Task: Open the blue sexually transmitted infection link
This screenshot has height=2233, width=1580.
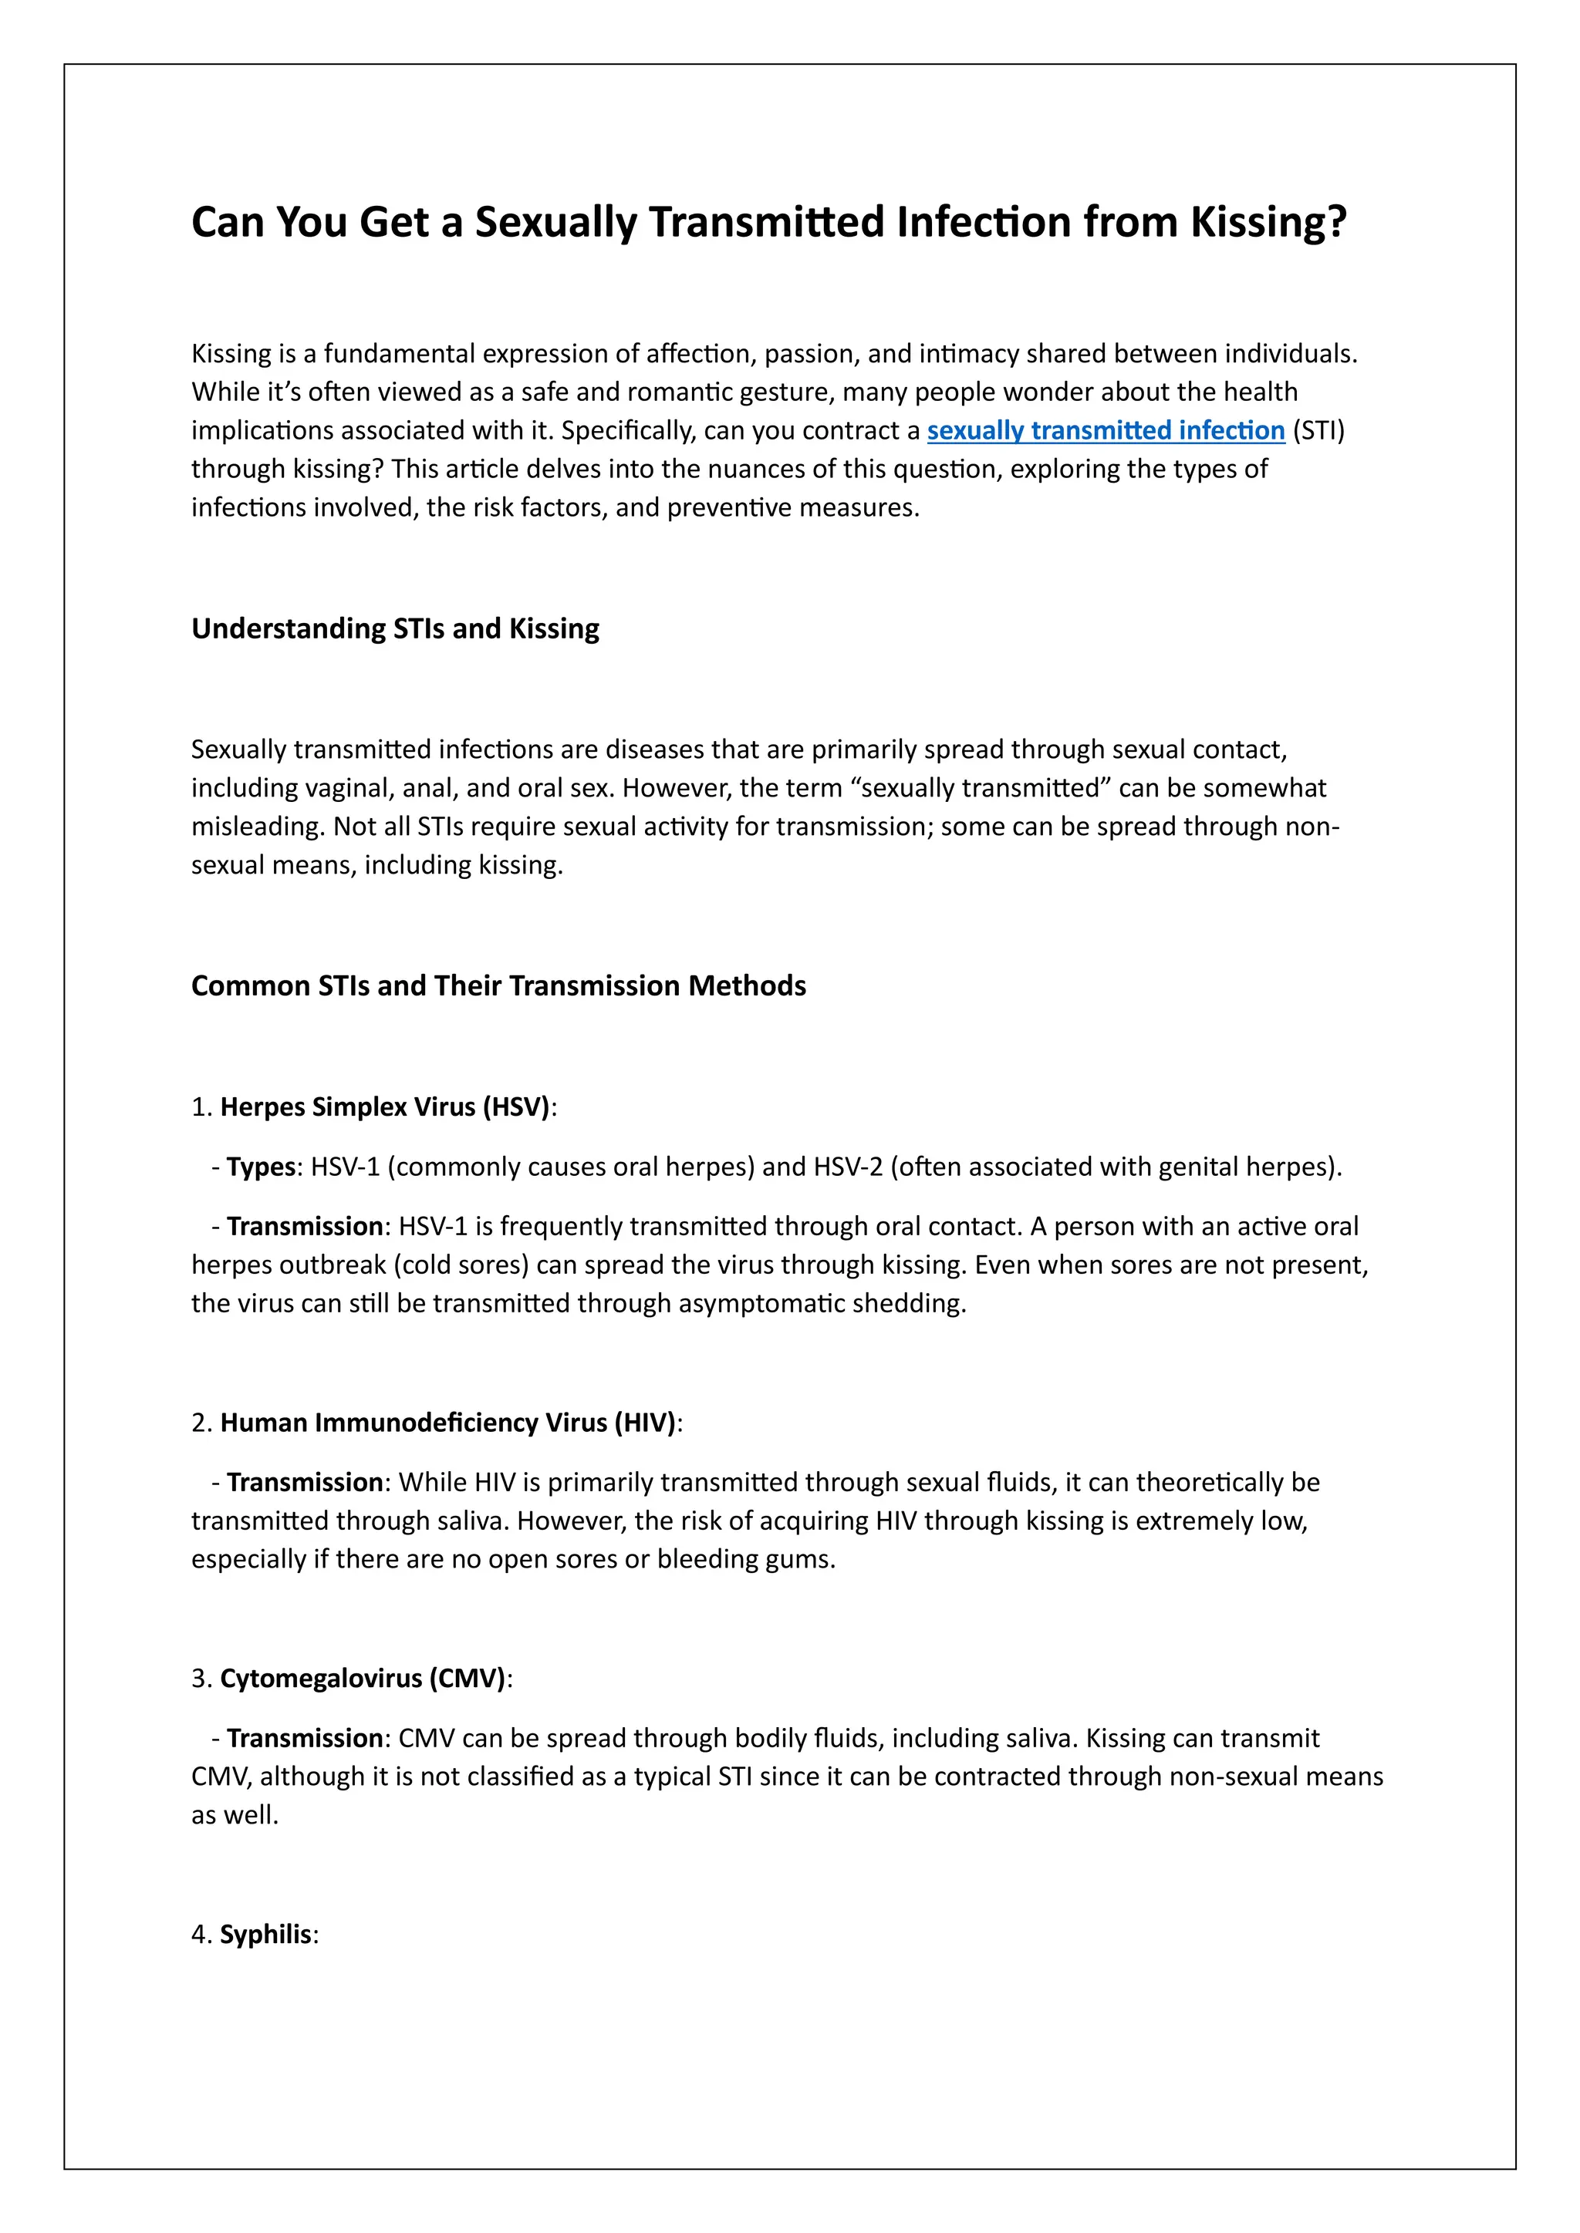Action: [1106, 431]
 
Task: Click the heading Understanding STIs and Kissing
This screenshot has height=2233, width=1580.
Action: [395, 629]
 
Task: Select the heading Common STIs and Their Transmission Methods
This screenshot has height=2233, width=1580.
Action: [498, 986]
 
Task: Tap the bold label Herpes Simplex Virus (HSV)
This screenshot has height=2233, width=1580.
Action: [385, 1108]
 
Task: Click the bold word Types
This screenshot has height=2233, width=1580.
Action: [261, 1167]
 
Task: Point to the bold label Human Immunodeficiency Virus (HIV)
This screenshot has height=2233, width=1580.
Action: [447, 1423]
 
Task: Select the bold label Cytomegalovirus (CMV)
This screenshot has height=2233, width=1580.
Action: [363, 1679]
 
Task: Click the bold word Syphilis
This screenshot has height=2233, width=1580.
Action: [265, 1935]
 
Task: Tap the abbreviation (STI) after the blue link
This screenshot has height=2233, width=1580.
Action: [1318, 431]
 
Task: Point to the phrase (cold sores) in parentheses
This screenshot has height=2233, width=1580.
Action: [476, 1265]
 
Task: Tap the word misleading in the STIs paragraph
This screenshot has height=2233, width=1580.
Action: [256, 827]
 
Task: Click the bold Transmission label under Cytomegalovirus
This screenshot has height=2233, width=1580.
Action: [305, 1738]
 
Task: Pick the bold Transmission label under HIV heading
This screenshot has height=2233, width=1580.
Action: [305, 1482]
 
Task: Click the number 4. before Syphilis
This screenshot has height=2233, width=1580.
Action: [201, 1935]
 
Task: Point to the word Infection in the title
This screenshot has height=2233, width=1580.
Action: [983, 223]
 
